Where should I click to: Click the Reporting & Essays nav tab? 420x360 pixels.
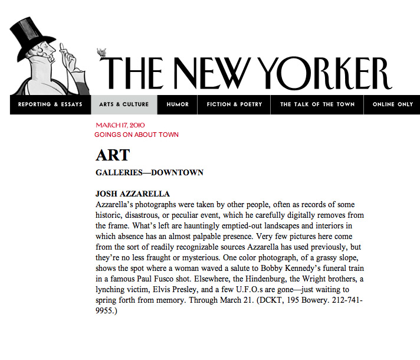[x=50, y=104]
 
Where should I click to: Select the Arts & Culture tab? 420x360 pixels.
[x=124, y=104]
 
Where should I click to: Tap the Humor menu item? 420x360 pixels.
[x=178, y=104]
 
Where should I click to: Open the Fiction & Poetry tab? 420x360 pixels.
[x=234, y=104]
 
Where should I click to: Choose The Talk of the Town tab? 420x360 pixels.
[x=317, y=104]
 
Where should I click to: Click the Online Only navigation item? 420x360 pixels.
[x=393, y=104]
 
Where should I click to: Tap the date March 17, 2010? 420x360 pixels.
[x=120, y=125]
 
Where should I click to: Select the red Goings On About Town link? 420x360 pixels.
[x=136, y=135]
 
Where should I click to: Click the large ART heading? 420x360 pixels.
[x=112, y=155]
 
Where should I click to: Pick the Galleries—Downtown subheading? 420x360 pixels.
[x=149, y=173]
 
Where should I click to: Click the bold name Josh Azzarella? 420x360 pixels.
[x=133, y=194]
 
